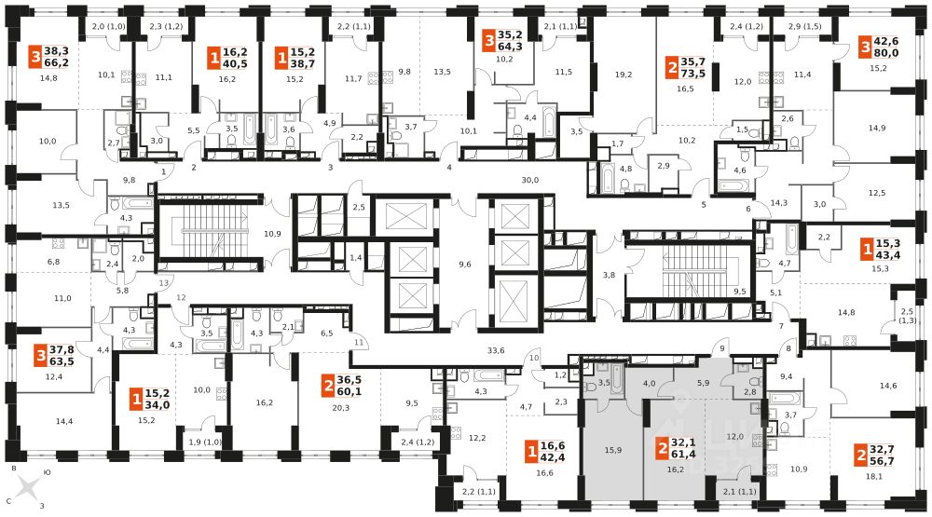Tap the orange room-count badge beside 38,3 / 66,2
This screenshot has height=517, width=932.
(x=37, y=57)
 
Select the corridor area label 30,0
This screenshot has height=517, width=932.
(x=530, y=180)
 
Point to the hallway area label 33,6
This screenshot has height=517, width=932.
(x=496, y=350)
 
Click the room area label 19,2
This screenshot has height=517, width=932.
(x=624, y=75)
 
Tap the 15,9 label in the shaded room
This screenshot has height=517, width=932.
(x=611, y=452)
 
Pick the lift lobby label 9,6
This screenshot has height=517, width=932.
(x=465, y=264)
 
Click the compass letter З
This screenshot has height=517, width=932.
(x=40, y=507)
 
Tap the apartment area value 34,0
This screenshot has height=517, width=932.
(x=157, y=405)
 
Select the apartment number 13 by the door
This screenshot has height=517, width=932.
(x=164, y=282)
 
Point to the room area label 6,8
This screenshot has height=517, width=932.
(x=53, y=262)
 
